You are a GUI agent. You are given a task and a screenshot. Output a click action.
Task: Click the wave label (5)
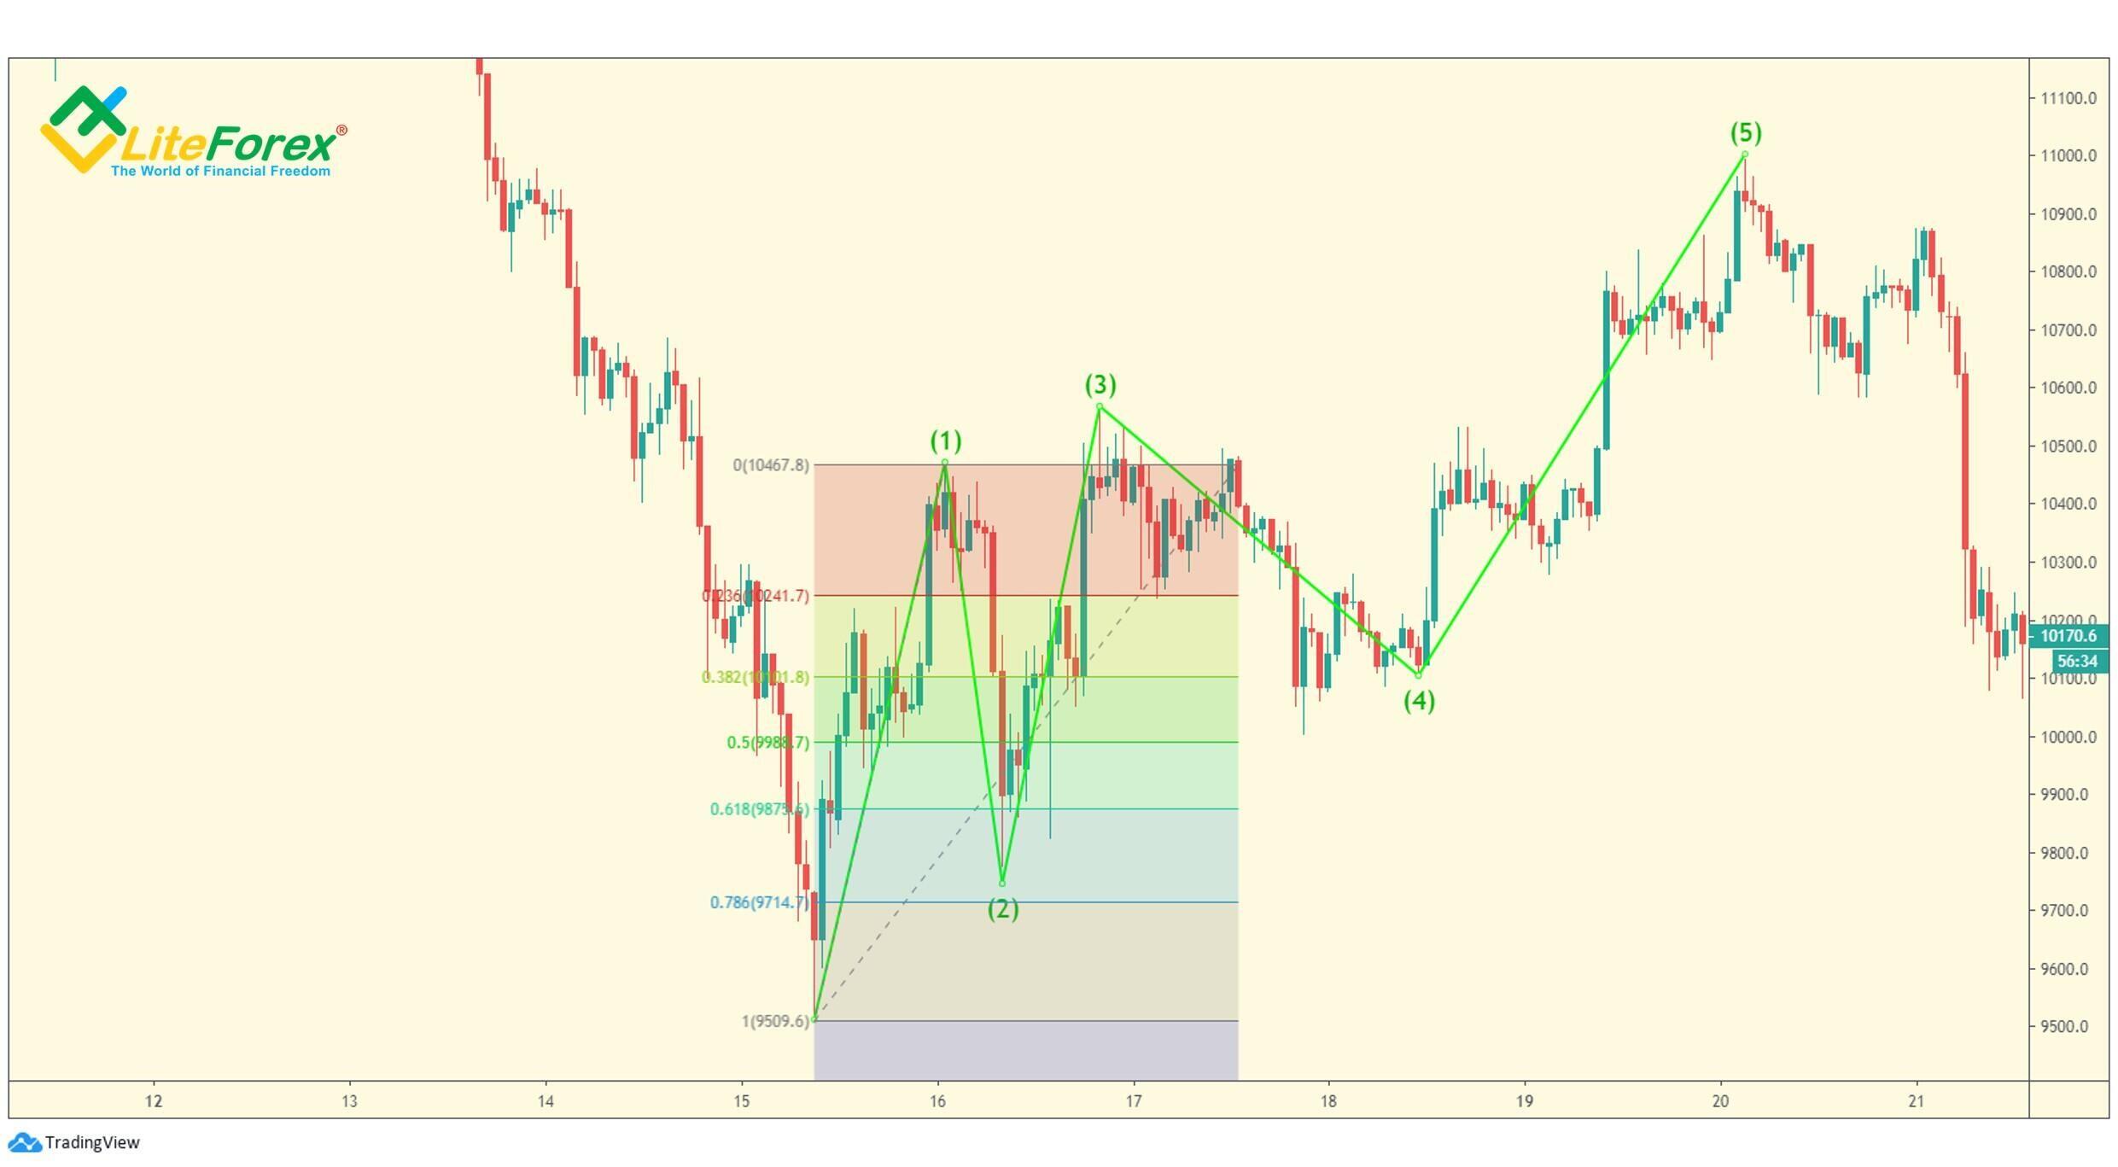(1745, 133)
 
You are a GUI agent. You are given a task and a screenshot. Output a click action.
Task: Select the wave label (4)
(1419, 701)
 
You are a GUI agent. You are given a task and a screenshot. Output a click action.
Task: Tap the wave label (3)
(1100, 384)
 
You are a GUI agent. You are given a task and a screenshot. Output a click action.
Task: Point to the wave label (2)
(1003, 909)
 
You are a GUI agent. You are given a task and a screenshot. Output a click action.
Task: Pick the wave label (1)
(945, 441)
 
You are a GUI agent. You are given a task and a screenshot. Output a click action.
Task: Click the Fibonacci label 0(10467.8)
(770, 465)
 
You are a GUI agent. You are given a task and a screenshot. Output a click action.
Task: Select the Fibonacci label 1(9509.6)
(774, 1021)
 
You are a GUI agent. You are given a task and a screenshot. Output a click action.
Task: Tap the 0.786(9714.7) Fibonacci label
(758, 902)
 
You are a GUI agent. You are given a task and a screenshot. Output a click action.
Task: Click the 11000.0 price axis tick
(2068, 155)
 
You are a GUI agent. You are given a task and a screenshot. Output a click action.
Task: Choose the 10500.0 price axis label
(2068, 446)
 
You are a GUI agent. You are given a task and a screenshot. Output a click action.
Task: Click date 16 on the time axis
(937, 1101)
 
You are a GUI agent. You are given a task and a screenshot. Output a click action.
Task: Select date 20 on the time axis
(1720, 1101)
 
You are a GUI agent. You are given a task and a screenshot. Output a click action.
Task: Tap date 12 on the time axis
(154, 1101)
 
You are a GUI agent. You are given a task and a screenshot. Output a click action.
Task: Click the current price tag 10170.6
(2068, 636)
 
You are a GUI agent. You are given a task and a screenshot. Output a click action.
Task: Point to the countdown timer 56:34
(2076, 661)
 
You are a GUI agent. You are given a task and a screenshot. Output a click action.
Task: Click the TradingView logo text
(91, 1142)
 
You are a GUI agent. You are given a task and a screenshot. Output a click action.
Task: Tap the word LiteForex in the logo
(229, 145)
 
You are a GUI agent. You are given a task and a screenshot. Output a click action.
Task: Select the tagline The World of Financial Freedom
(220, 172)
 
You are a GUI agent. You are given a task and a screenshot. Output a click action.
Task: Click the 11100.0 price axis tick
(2068, 98)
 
